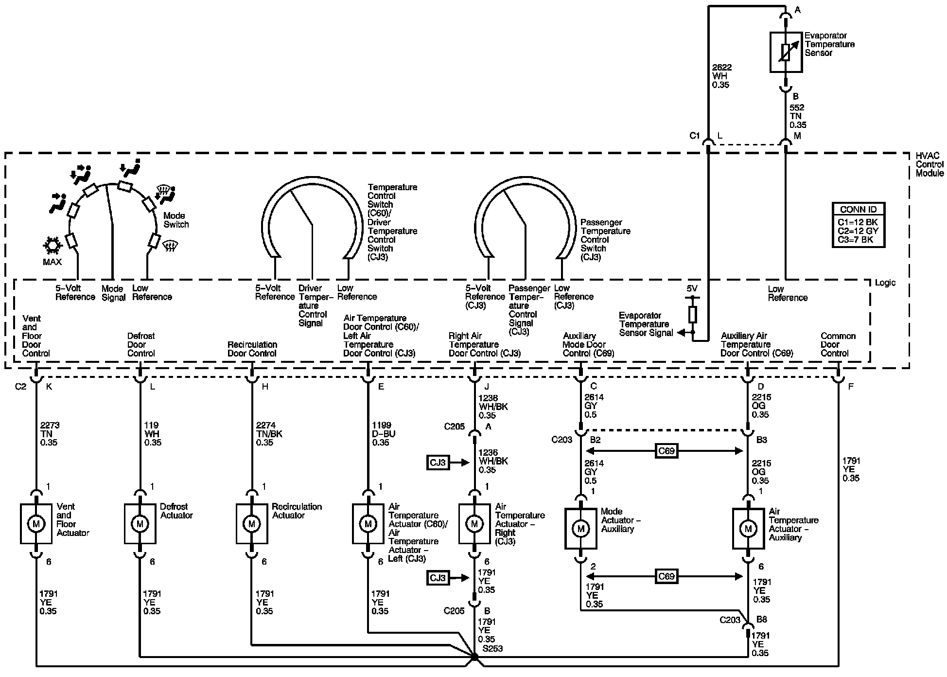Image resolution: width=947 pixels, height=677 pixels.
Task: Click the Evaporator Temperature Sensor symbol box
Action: click(786, 52)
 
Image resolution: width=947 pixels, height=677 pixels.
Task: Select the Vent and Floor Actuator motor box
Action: click(36, 524)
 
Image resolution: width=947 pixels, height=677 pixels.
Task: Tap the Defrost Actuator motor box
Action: click(140, 524)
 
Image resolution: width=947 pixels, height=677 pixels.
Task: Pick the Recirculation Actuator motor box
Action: click(252, 524)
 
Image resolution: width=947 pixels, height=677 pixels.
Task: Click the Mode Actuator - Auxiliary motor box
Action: click(580, 529)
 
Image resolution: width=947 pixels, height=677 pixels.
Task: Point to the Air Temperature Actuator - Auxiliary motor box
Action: click(748, 529)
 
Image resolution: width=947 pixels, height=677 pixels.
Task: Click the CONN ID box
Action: click(858, 225)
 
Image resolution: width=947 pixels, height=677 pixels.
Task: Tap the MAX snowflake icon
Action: click(52, 246)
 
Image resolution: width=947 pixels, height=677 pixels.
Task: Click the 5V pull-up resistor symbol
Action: click(693, 315)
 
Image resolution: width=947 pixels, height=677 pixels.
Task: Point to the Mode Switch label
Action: click(176, 220)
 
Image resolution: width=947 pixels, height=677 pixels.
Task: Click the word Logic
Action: click(885, 283)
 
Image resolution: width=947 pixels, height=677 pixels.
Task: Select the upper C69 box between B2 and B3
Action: click(666, 451)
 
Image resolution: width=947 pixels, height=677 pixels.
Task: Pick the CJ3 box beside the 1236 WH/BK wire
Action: click(438, 462)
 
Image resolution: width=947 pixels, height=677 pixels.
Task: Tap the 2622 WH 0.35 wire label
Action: click(722, 76)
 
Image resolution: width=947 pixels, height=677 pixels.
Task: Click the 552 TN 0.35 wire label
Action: click(797, 116)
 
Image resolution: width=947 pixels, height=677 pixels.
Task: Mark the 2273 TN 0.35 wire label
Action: click(50, 434)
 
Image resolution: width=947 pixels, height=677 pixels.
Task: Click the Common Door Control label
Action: click(838, 345)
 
